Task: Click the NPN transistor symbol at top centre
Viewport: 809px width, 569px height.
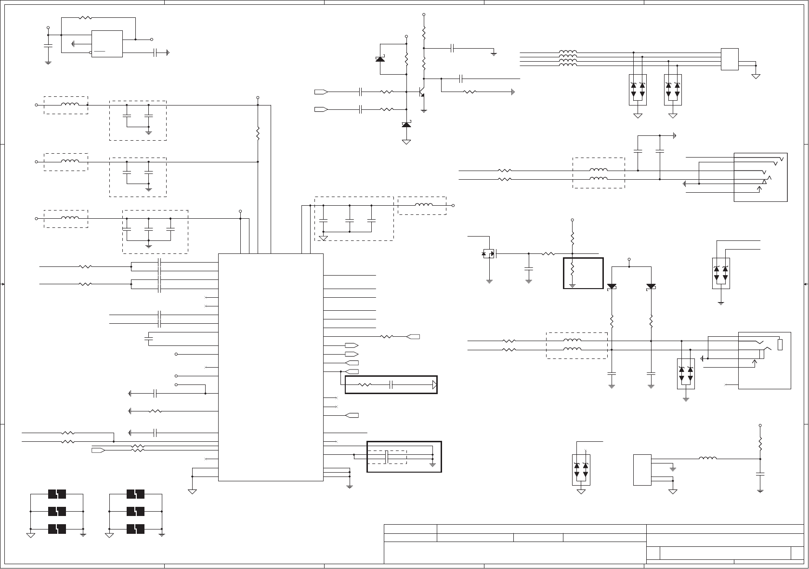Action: click(421, 92)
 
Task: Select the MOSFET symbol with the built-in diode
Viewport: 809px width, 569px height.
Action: click(490, 253)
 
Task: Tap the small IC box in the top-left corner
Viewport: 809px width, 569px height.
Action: click(107, 44)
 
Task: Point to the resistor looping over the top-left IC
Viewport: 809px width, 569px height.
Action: click(85, 18)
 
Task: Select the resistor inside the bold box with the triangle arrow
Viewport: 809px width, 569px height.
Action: click(365, 385)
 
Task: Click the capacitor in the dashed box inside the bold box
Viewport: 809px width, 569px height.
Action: click(387, 457)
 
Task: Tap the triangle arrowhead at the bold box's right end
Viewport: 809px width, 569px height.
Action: click(434, 385)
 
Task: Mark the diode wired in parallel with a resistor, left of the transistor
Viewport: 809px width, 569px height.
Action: click(380, 59)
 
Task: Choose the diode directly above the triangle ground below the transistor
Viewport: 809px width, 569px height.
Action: click(406, 125)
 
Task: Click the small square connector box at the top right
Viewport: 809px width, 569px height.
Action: click(730, 59)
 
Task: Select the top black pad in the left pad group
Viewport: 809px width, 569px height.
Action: click(57, 494)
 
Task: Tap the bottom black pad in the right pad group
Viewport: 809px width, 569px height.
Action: click(136, 529)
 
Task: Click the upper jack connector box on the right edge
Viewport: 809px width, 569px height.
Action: click(760, 177)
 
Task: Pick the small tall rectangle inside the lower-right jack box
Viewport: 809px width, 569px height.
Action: click(780, 344)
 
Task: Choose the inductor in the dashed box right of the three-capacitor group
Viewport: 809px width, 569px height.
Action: click(423, 206)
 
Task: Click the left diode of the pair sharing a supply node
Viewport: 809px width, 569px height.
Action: click(612, 286)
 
